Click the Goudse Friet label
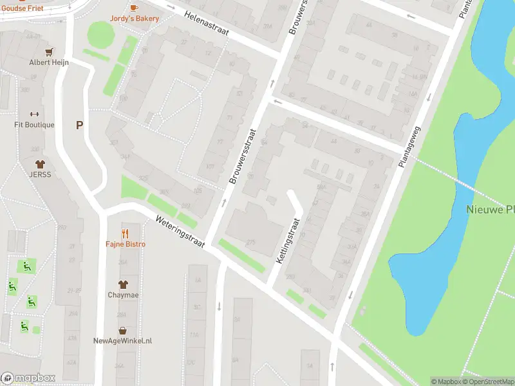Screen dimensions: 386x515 [22, 8]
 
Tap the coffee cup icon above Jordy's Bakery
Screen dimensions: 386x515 [134, 8]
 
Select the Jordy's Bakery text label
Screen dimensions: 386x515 [134, 19]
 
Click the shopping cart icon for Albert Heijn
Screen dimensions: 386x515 [48, 51]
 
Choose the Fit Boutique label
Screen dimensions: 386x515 [35, 125]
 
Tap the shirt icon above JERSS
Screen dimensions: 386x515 [39, 164]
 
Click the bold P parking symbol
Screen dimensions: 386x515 [80, 125]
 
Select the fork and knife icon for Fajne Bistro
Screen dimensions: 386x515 [126, 234]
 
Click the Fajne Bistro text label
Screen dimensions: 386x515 [126, 244]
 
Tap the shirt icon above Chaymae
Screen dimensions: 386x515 [122, 284]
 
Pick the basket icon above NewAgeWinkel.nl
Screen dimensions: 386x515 [122, 331]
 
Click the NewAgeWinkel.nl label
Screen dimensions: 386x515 [122, 341]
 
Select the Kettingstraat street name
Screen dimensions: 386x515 [288, 240]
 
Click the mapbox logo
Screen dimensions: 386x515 [28, 378]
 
